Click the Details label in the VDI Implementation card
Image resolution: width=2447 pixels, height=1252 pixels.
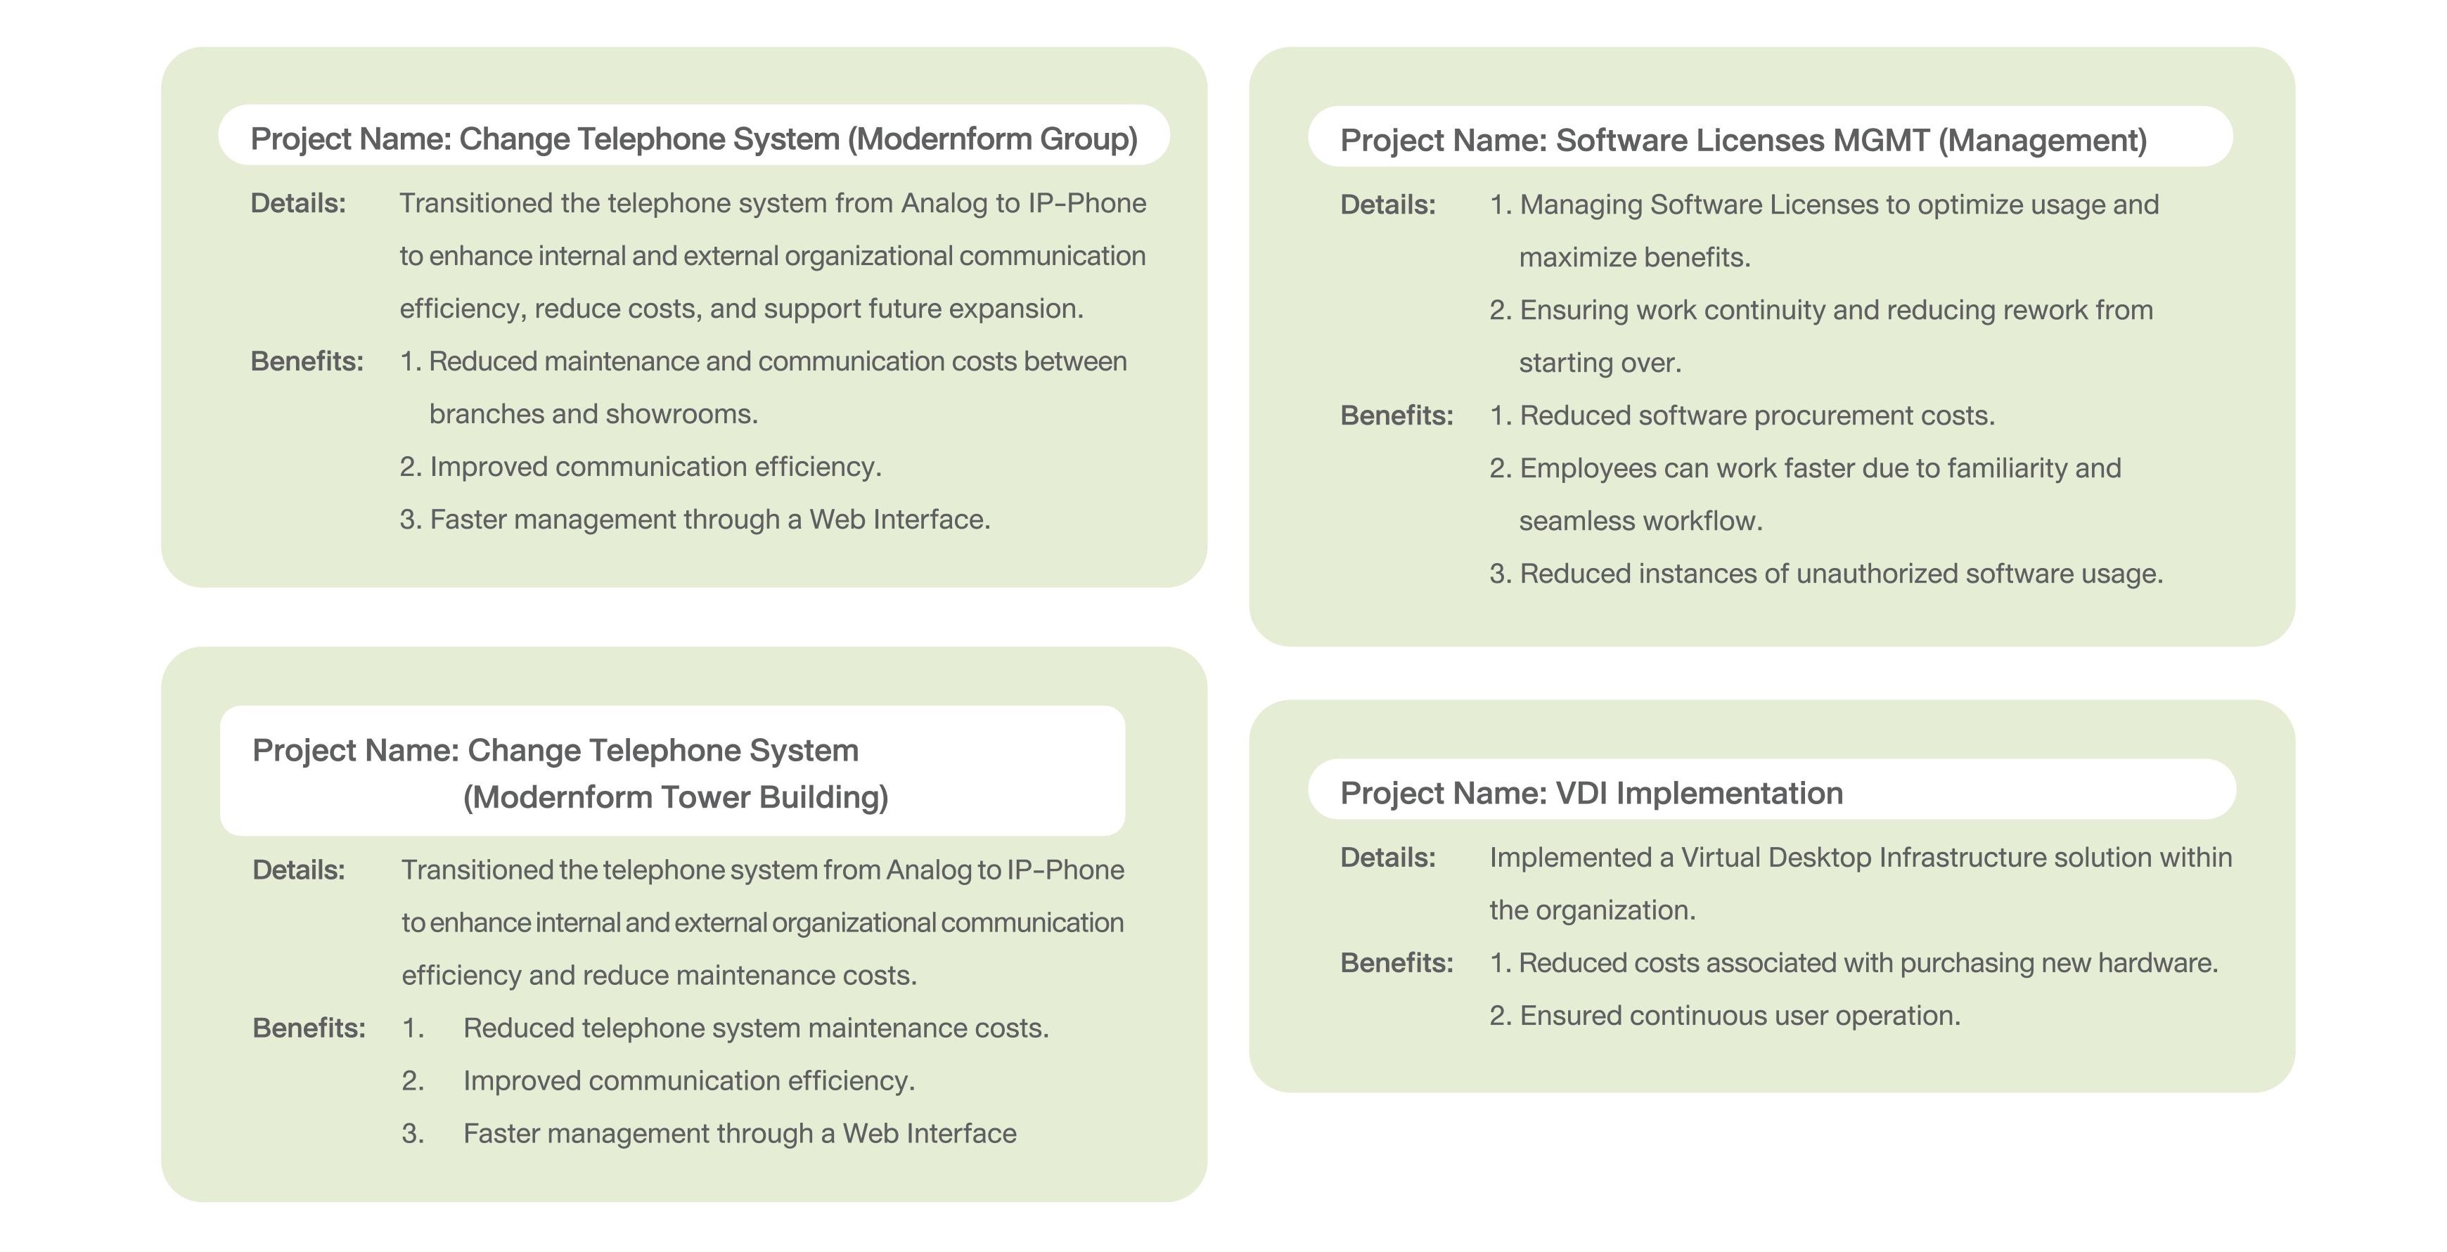point(1387,858)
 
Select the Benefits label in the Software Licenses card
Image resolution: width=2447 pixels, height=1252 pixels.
point(1396,416)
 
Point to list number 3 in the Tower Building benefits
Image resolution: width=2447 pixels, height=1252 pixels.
point(412,1133)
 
